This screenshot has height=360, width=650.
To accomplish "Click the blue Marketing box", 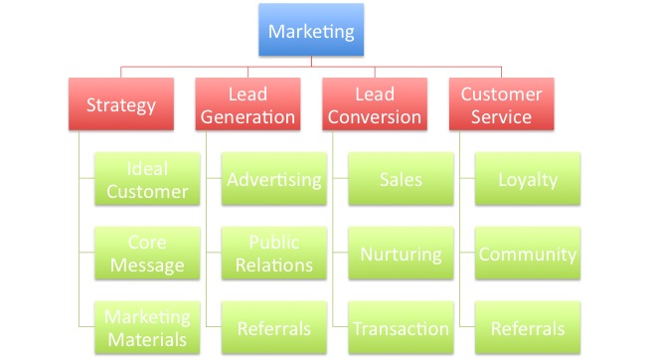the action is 311,30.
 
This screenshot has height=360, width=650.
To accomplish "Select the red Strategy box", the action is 121,104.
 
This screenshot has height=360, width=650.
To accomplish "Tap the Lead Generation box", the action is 247,104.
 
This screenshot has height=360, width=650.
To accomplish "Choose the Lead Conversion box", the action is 375,104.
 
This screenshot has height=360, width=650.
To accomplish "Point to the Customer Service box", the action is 502,104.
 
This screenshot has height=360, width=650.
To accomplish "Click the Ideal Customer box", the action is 147,179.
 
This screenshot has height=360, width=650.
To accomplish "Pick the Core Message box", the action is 147,253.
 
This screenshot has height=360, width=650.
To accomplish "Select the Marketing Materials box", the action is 147,327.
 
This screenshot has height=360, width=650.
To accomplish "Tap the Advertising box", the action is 274,179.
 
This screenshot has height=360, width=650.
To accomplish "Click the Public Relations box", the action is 274,253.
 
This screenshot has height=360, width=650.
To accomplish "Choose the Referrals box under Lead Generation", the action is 274,327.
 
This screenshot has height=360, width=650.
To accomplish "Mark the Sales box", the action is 401,179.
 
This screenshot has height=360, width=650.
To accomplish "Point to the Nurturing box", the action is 401,253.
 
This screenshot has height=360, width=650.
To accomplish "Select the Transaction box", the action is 401,327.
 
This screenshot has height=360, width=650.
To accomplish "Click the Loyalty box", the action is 528,179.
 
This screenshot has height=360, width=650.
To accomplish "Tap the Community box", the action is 528,253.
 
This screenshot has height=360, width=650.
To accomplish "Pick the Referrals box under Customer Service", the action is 528,327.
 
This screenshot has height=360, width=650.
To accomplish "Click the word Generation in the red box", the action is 247,117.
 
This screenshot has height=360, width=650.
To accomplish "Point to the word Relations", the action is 274,265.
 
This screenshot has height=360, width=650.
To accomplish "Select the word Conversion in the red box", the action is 375,117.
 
